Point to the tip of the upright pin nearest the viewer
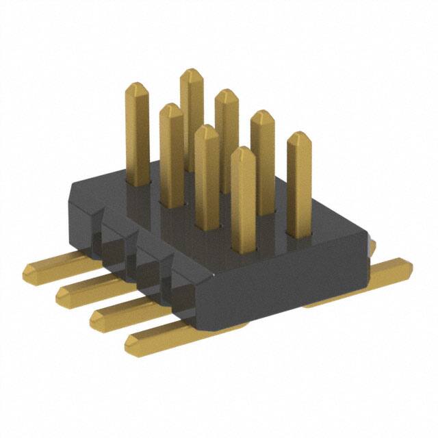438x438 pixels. (243, 152)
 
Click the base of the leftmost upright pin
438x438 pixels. (140, 181)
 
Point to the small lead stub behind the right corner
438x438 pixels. (373, 244)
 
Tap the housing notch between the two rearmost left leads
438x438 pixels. (109, 236)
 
